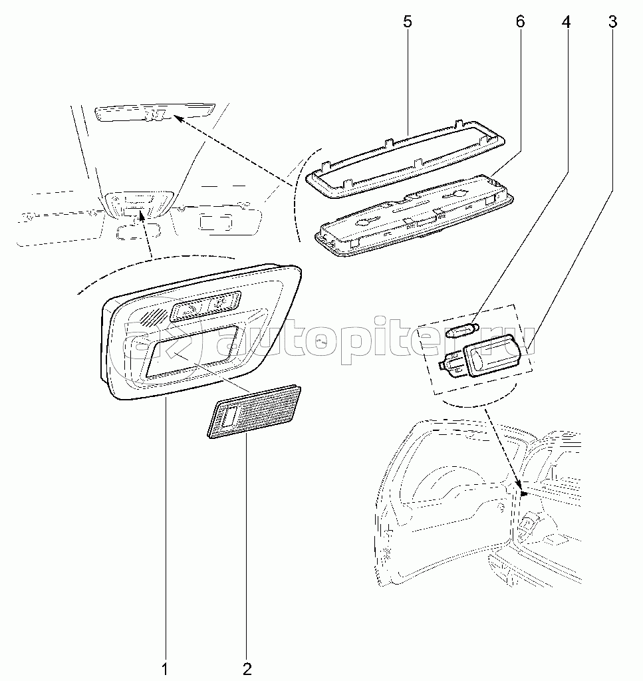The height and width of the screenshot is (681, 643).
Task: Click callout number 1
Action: click(164, 669)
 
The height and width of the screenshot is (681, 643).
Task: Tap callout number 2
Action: click(247, 669)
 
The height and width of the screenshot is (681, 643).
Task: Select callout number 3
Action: click(612, 22)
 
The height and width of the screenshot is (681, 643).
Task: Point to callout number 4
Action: click(566, 22)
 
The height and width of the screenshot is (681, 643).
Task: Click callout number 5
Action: click(407, 22)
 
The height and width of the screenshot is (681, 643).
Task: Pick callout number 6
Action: click(520, 22)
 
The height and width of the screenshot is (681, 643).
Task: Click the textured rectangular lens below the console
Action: click(254, 411)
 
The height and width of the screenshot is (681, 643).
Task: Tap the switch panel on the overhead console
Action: click(205, 307)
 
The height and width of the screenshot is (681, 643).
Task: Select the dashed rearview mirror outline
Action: click(138, 230)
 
